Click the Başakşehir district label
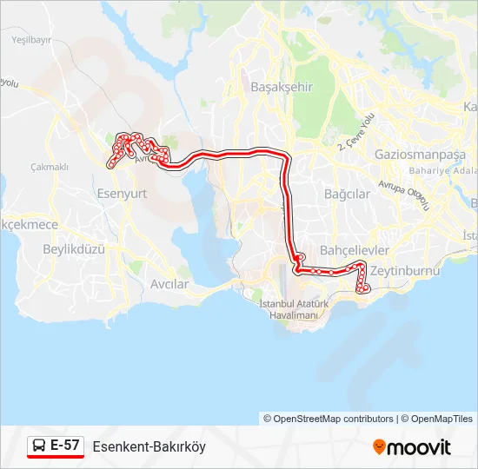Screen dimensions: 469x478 click(281, 87)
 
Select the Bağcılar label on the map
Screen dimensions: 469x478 click(347, 194)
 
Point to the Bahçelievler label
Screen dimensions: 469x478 click(355, 250)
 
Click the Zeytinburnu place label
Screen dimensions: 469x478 click(405, 271)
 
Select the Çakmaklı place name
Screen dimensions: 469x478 click(49, 167)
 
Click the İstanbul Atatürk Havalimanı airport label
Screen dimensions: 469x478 click(291, 309)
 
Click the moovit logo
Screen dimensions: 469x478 click(412, 447)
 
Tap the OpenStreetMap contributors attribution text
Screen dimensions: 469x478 click(329, 419)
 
